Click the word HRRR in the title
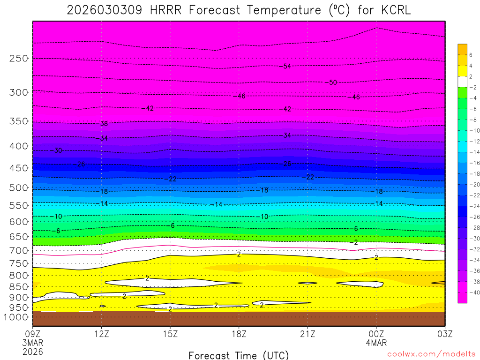168,10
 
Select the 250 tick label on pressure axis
19,59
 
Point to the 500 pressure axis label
19,188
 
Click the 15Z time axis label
170,334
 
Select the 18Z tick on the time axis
239,334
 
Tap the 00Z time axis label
376,334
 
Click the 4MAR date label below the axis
376,343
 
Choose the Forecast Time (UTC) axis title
239,355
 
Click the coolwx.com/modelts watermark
431,355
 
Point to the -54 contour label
286,66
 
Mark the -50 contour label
331,82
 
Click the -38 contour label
103,124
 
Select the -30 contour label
57,150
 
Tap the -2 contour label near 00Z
355,242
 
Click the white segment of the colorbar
463,82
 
